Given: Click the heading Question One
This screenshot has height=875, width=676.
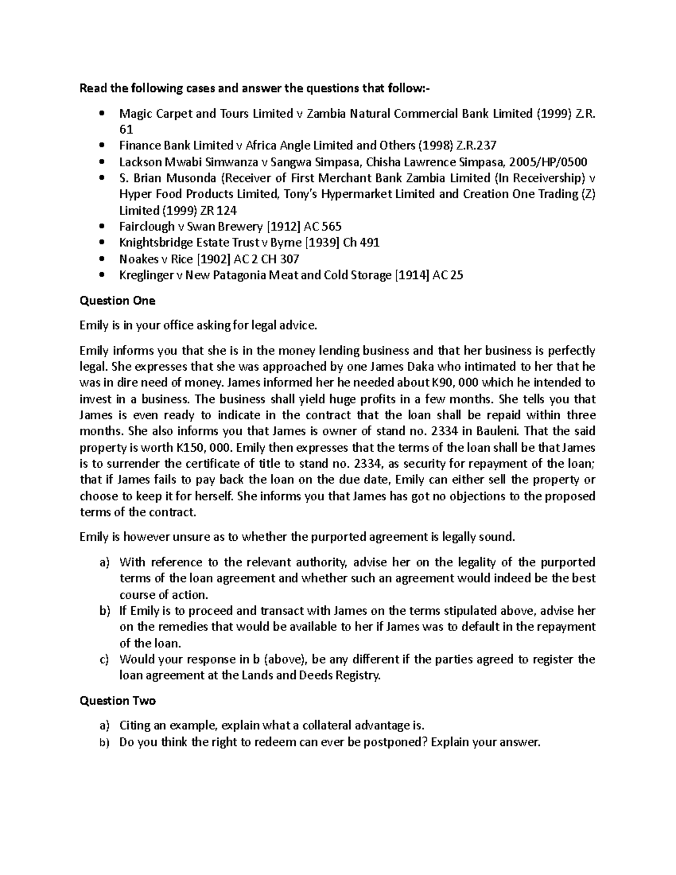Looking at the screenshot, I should pyautogui.click(x=117, y=301).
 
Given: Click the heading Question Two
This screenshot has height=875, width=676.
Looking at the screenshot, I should pyautogui.click(x=117, y=700).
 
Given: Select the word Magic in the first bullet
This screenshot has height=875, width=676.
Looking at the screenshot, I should pyautogui.click(x=133, y=113).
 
